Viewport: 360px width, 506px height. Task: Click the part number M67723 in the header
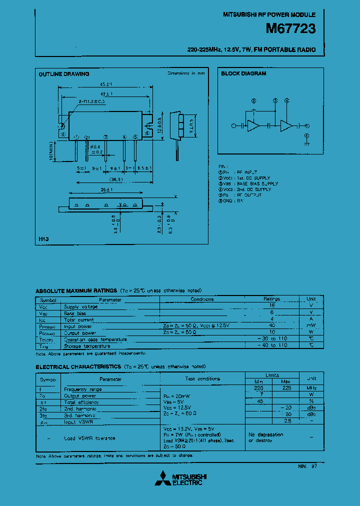pyautogui.click(x=290, y=29)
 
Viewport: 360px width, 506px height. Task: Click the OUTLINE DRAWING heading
pyautogui.click(x=64, y=74)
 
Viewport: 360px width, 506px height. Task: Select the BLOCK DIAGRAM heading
pyautogui.click(x=243, y=73)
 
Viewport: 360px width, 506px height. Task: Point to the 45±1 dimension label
pyautogui.click(x=105, y=84)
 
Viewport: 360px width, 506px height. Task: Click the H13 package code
pyautogui.click(x=43, y=239)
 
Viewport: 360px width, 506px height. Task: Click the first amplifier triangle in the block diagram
pyautogui.click(x=253, y=126)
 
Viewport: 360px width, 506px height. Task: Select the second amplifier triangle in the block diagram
pyautogui.click(x=286, y=126)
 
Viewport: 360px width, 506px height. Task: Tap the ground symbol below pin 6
pyautogui.click(x=306, y=142)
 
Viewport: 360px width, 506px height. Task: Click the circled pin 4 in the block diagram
pyautogui.click(x=286, y=100)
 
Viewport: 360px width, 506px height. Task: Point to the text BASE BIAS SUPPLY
pyautogui.click(x=257, y=183)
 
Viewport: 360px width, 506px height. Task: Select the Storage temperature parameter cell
pyautogui.click(x=87, y=346)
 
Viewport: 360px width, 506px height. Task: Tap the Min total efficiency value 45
pyautogui.click(x=259, y=401)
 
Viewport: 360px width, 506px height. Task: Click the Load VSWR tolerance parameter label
pyautogui.click(x=90, y=438)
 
